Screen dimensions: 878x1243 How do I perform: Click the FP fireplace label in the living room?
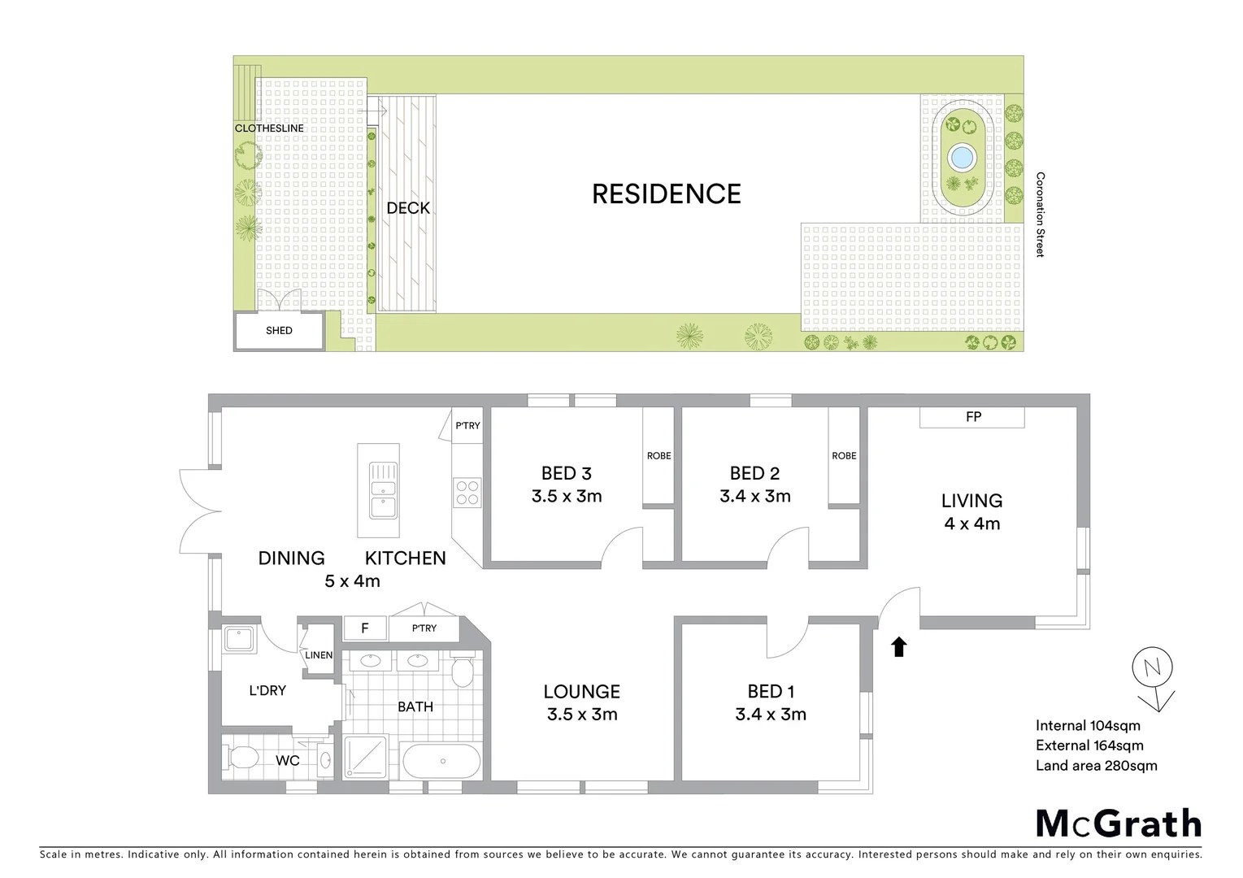(x=973, y=417)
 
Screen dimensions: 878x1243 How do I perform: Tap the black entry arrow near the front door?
(x=898, y=647)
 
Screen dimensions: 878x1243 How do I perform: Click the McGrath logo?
(x=1119, y=824)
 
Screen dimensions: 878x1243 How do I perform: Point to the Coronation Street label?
(x=1040, y=215)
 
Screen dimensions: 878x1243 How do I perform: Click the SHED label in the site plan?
(x=279, y=331)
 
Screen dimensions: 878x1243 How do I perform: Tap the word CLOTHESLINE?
(x=269, y=128)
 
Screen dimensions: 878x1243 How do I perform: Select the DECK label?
(x=408, y=208)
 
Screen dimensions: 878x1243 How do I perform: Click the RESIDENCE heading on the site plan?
(x=666, y=194)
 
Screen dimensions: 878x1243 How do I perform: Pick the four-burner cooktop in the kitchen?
(x=467, y=493)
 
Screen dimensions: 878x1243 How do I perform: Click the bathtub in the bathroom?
(x=443, y=762)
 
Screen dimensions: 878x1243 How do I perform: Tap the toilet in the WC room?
(x=241, y=759)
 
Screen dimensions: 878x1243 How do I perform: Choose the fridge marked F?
(x=364, y=628)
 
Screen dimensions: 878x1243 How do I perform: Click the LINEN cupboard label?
(x=319, y=655)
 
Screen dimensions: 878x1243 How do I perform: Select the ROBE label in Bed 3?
(x=658, y=456)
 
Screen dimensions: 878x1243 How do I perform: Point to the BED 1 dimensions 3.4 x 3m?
(x=770, y=715)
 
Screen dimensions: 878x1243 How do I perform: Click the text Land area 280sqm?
(x=1096, y=765)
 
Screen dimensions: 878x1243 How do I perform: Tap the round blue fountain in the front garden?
(x=962, y=154)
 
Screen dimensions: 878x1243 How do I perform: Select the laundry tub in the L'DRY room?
(x=241, y=638)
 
